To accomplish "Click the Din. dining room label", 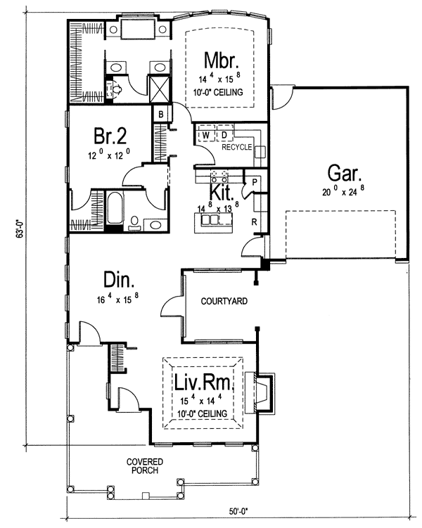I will pyautogui.click(x=119, y=281).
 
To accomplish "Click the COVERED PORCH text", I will pyautogui.click(x=146, y=466).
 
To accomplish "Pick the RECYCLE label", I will pyautogui.click(x=237, y=148).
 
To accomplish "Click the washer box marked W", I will pyautogui.click(x=207, y=134).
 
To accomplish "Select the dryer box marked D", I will pyautogui.click(x=224, y=134).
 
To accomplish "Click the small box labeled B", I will pyautogui.click(x=161, y=114).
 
